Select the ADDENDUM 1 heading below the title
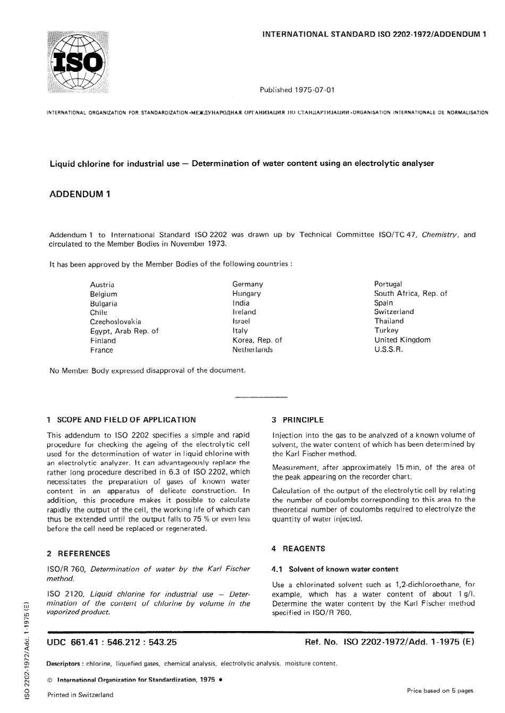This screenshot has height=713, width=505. (x=80, y=194)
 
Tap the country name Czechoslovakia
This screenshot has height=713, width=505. (x=115, y=321)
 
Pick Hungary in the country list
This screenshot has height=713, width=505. (x=246, y=293)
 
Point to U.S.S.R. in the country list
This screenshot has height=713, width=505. (x=389, y=350)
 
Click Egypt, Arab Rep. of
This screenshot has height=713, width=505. (x=124, y=331)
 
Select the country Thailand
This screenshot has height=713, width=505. (x=389, y=321)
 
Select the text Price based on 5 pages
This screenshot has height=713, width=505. (x=440, y=691)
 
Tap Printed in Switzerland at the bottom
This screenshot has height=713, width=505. (x=80, y=695)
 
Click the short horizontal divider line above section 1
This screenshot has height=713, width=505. (x=260, y=397)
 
